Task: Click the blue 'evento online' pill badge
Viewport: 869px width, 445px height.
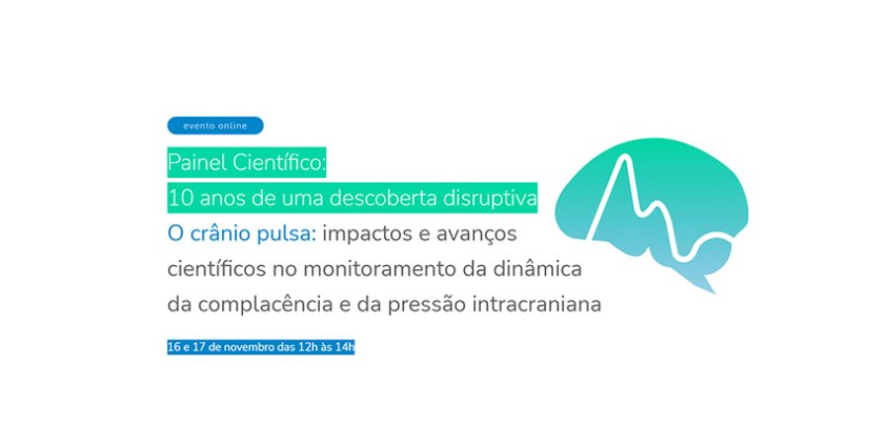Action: (215, 126)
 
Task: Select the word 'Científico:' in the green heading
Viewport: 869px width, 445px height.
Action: (276, 161)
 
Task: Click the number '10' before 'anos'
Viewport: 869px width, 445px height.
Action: (180, 198)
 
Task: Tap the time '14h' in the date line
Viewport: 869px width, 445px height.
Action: (345, 347)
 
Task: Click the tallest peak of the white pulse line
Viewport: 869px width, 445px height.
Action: (622, 158)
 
